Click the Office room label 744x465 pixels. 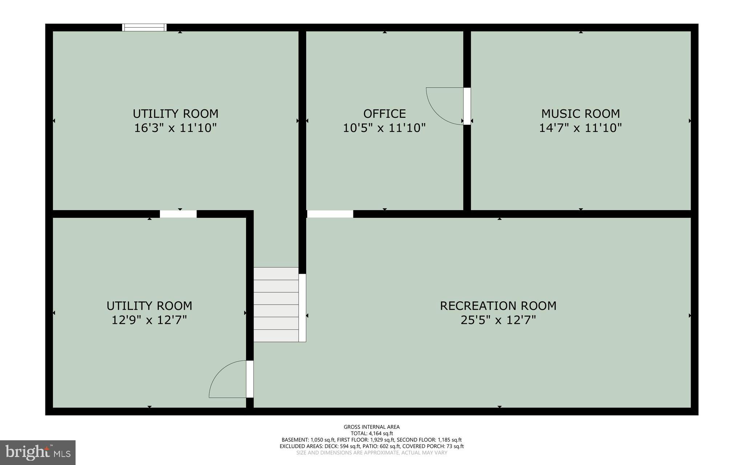(x=384, y=114)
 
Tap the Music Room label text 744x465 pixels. (x=580, y=114)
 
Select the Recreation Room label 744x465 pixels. (x=498, y=306)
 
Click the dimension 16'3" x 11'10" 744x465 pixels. (x=175, y=128)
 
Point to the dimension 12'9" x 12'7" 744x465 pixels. (x=149, y=320)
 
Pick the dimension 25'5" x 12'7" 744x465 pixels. (x=498, y=320)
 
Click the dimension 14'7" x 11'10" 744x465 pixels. (x=580, y=128)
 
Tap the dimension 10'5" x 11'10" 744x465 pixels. (x=384, y=128)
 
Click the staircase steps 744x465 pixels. (x=276, y=305)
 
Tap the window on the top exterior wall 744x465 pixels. (x=144, y=28)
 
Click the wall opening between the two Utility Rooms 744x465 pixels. (x=178, y=214)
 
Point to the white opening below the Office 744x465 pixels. (x=330, y=214)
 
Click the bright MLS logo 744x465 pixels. (x=38, y=452)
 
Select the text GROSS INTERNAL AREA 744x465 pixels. (x=372, y=427)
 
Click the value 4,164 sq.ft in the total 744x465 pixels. (x=381, y=433)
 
